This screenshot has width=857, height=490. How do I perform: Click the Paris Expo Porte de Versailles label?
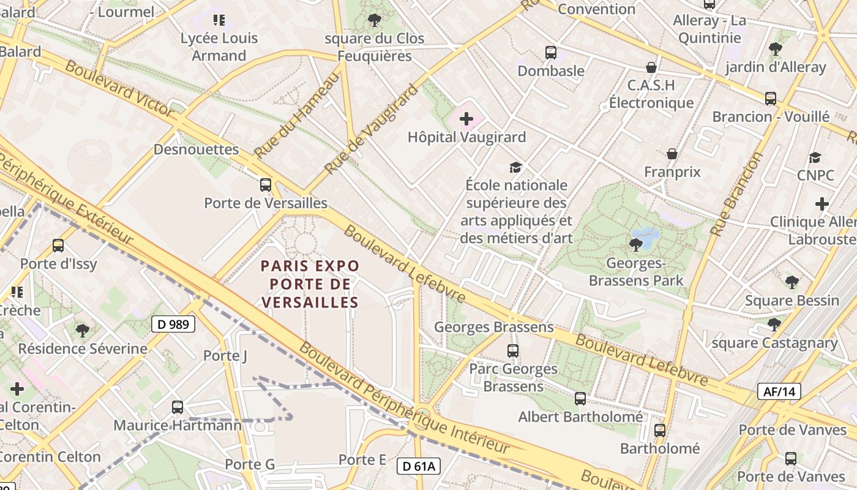309,284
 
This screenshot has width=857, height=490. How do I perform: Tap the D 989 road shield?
173,324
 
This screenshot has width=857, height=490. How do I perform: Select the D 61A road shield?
419,466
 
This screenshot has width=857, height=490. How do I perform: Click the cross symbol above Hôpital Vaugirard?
466,119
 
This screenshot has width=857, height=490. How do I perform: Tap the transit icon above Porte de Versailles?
266,184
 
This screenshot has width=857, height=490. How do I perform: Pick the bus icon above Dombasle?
551,53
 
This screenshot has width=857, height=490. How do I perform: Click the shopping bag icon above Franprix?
672,154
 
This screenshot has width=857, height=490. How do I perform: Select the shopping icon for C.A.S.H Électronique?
651,67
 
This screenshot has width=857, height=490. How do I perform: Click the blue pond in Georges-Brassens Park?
646,235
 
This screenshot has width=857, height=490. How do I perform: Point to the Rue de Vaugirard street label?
372,129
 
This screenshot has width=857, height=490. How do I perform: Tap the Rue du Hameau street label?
298,115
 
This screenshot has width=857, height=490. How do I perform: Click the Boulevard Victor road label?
119,88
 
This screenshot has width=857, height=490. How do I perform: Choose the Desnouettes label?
196,149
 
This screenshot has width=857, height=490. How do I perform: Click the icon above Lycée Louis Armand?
219,20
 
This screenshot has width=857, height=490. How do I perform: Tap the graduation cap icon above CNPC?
815,158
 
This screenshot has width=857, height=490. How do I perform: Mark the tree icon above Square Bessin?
792,282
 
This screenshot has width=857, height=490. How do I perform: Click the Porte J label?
225,356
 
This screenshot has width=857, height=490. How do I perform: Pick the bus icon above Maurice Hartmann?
178,407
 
